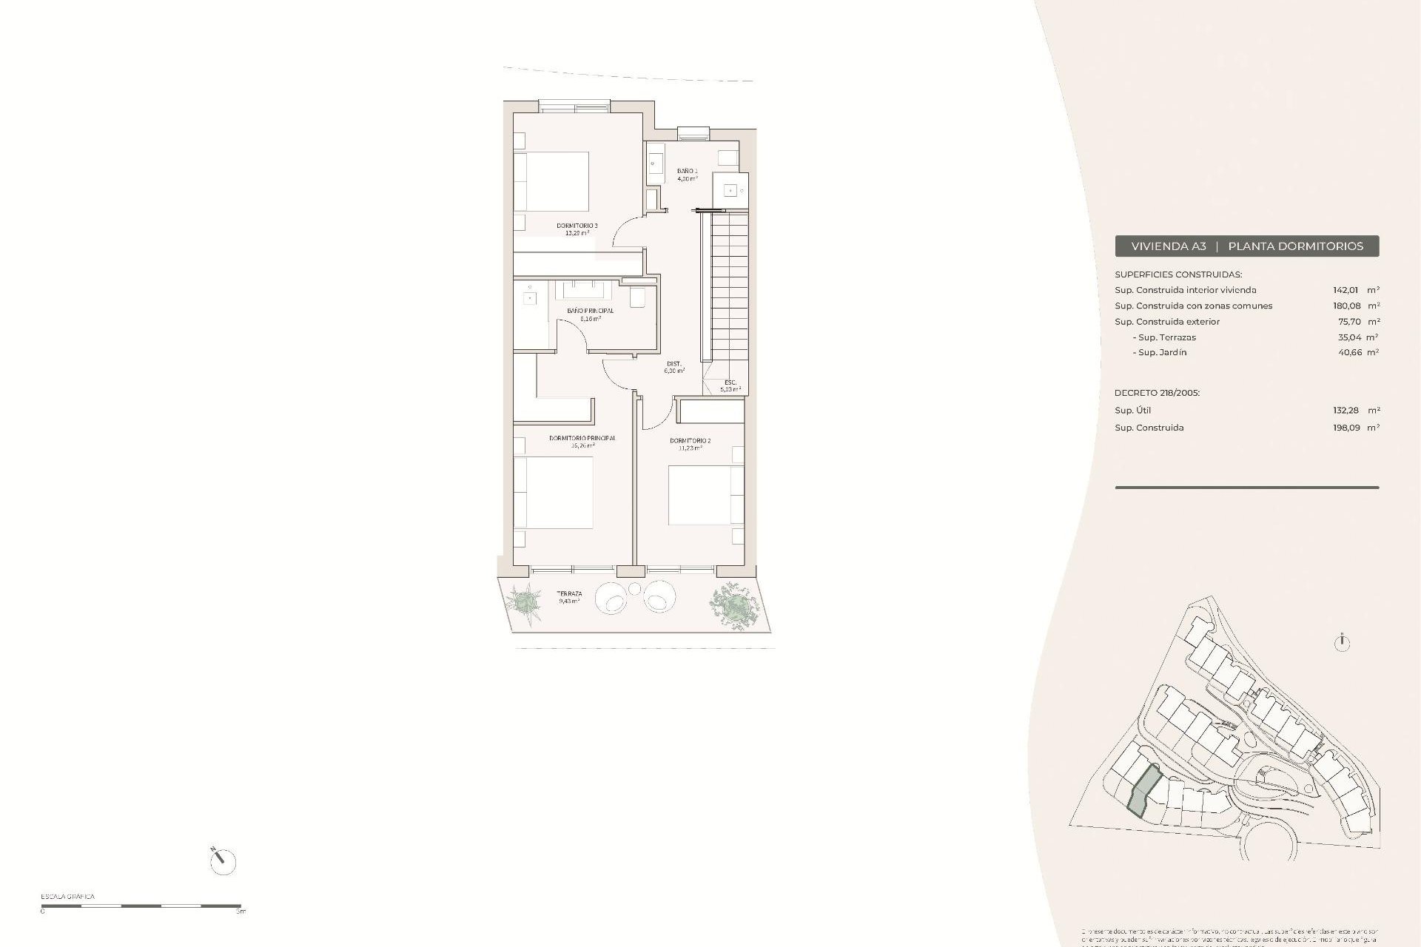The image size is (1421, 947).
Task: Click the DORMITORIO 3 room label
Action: [x=577, y=226]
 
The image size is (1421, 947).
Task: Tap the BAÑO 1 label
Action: [x=687, y=171]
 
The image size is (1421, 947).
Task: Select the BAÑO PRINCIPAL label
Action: [x=590, y=311]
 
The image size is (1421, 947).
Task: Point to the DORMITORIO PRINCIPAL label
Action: [x=582, y=438]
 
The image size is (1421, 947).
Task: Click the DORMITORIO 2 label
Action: [x=690, y=441]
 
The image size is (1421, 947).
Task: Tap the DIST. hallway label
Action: [x=673, y=364]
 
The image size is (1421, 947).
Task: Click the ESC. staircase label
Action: [x=730, y=382]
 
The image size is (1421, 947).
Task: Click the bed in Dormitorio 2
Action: [x=705, y=495]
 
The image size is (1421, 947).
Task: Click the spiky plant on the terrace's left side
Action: [x=527, y=599]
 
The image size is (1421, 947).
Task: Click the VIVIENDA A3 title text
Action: [x=1169, y=246]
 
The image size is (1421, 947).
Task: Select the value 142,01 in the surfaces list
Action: [x=1347, y=290]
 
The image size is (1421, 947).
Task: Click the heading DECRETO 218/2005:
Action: [x=1157, y=393]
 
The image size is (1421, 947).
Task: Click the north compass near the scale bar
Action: [x=222, y=861]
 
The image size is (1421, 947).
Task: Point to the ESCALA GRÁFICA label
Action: [x=67, y=897]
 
